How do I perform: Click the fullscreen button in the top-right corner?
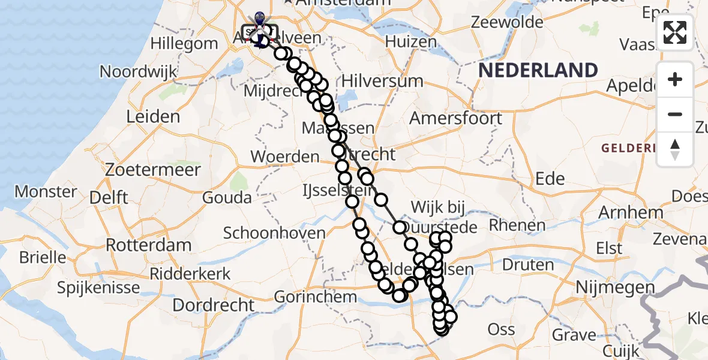[x=675, y=32]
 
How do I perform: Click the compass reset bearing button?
[x=675, y=149]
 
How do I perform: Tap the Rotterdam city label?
[x=148, y=245]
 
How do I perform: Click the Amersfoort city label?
[x=455, y=118]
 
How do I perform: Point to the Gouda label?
[x=227, y=197]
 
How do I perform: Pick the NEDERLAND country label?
[x=538, y=70]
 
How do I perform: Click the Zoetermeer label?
[x=152, y=170]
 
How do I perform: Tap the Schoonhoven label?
[x=274, y=233]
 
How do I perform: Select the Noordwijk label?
[x=138, y=71]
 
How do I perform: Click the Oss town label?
[x=502, y=329]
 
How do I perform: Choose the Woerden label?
[x=285, y=157]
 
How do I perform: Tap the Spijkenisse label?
[x=100, y=287]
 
